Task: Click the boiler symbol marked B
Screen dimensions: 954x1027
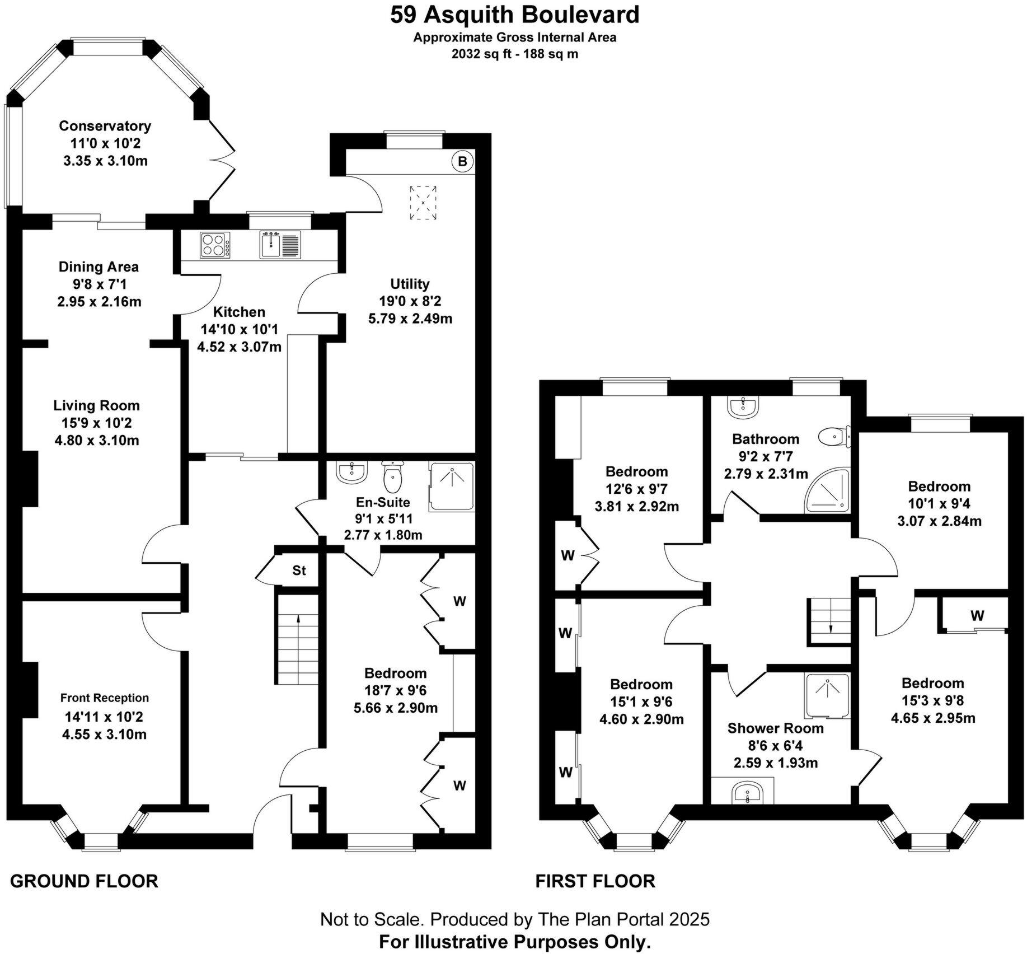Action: (x=462, y=162)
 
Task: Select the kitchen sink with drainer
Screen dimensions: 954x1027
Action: (x=280, y=245)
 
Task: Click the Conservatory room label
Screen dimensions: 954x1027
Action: (x=105, y=126)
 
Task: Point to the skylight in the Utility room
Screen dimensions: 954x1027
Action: (x=423, y=203)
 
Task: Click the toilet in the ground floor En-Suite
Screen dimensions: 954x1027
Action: (x=393, y=476)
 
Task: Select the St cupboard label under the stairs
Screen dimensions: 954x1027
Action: (x=299, y=570)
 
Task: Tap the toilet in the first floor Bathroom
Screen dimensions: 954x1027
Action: (x=834, y=436)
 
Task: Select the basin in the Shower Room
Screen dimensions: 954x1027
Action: (x=747, y=793)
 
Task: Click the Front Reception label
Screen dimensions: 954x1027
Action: (x=105, y=698)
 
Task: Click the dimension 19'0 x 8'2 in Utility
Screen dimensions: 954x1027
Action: (x=410, y=301)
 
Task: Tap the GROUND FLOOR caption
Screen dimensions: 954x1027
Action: (x=84, y=881)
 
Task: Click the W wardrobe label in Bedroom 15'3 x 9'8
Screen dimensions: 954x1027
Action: (x=977, y=616)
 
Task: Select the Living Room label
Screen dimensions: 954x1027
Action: (x=97, y=405)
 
